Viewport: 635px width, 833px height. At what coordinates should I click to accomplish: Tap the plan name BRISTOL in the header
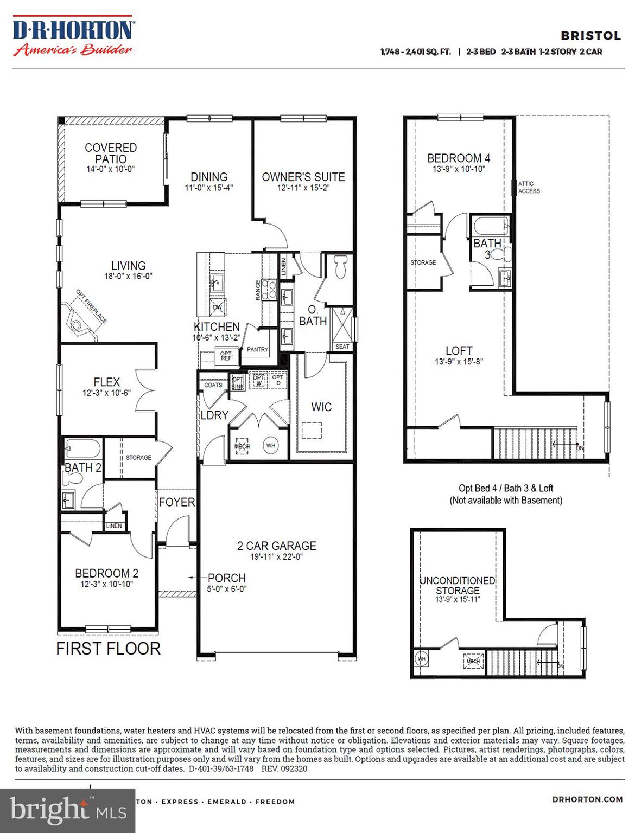point(590,36)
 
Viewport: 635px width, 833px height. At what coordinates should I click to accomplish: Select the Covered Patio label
point(111,153)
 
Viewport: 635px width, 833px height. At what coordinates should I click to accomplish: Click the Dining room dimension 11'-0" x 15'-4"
point(209,188)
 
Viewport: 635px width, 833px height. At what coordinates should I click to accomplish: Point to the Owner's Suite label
point(303,177)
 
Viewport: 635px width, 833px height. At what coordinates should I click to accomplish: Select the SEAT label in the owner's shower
point(342,347)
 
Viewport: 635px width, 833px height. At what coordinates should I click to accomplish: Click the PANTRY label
point(257,349)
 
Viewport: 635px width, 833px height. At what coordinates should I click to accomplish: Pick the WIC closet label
point(321,407)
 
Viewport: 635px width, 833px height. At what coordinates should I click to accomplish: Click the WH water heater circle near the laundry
point(271,446)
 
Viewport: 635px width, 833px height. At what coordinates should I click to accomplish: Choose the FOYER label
point(177,502)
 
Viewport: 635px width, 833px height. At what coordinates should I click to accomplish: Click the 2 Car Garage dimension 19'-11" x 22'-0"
point(277,556)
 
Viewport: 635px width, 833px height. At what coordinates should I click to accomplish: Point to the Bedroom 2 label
point(107,573)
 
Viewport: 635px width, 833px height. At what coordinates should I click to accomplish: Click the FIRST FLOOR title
point(109,648)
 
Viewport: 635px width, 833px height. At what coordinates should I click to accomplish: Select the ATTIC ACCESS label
point(529,187)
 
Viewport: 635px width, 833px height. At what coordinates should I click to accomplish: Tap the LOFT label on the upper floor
point(459,351)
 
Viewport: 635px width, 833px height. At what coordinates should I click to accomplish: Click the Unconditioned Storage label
point(458,585)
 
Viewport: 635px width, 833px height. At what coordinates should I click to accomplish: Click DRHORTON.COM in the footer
point(587,799)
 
